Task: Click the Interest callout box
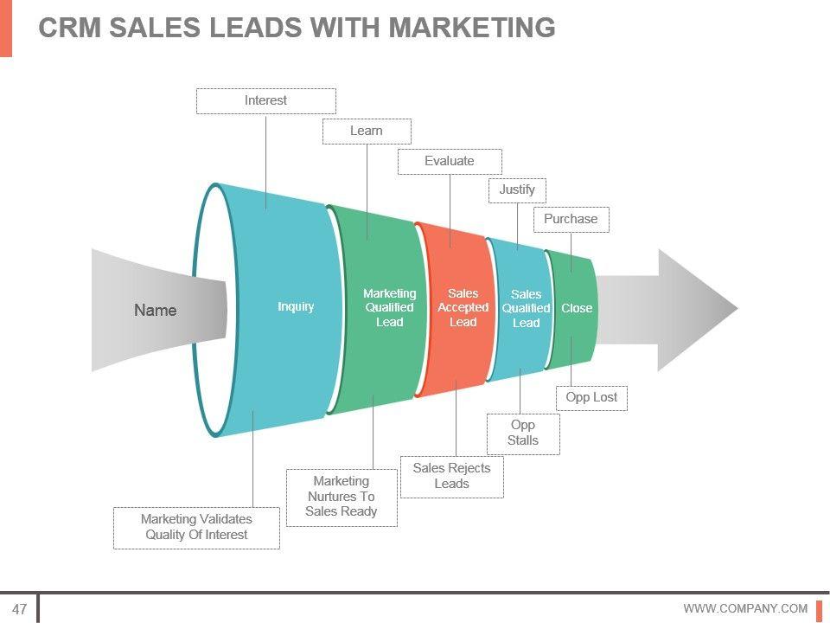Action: pos(265,100)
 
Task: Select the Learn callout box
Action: pos(367,131)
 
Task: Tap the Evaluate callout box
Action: pos(450,161)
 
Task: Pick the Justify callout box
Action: pos(517,189)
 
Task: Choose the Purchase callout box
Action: pos(571,219)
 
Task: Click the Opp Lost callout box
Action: pos(591,397)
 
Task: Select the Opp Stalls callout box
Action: pos(523,433)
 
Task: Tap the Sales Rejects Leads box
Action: pos(451,476)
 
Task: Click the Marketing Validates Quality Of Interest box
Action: pos(196,527)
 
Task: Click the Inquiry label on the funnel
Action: pos(296,306)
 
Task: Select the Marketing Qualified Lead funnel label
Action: pos(389,307)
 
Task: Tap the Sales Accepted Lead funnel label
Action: pos(463,307)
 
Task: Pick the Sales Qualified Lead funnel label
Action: pos(526,308)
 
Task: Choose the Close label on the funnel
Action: pos(577,308)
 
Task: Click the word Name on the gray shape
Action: pos(156,311)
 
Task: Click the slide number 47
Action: pos(19,608)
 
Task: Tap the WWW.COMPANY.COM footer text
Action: pos(745,608)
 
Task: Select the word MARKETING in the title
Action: pos(472,28)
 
